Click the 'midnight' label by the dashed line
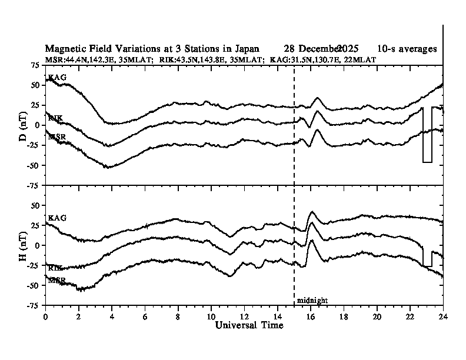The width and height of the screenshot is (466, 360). (312, 301)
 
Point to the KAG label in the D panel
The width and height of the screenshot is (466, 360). (57, 77)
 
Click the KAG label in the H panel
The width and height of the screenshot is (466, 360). (57, 218)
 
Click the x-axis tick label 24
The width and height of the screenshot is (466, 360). (443, 316)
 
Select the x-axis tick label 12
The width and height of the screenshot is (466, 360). (244, 316)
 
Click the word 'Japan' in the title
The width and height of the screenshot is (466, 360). (245, 48)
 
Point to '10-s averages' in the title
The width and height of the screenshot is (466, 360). (408, 48)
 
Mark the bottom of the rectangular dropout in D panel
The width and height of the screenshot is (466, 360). (427, 162)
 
